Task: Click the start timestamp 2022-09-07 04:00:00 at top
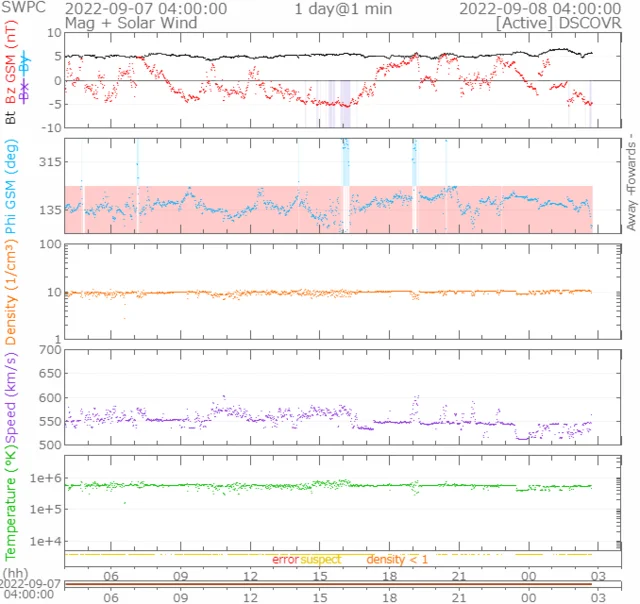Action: pos(146,8)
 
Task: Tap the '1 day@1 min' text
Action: pos(341,8)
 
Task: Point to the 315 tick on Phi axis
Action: pos(50,161)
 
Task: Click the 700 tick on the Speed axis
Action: pos(50,349)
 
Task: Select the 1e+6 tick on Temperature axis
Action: pos(46,479)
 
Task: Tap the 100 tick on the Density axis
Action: pos(50,245)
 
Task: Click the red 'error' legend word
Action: pos(285,559)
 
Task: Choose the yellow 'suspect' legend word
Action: pos(321,559)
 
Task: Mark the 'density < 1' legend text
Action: pos(397,559)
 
